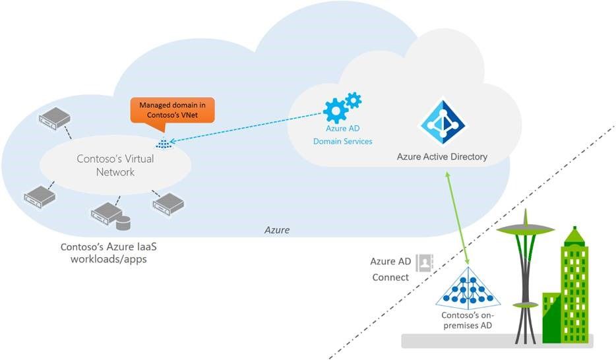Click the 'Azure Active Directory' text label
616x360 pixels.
click(442, 157)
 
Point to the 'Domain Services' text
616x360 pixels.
click(342, 142)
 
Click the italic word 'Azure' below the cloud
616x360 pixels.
click(276, 230)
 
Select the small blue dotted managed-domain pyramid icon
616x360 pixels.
click(162, 143)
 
